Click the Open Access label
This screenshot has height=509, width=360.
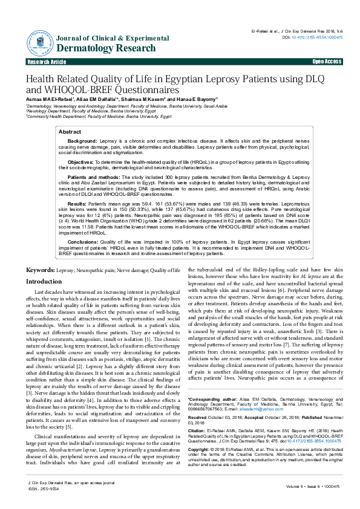click(327, 62)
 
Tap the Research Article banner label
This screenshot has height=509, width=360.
click(47, 62)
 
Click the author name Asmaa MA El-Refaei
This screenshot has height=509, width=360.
click(50, 99)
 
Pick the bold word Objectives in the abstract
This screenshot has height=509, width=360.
click(80, 162)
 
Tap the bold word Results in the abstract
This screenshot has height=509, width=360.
click(77, 204)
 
